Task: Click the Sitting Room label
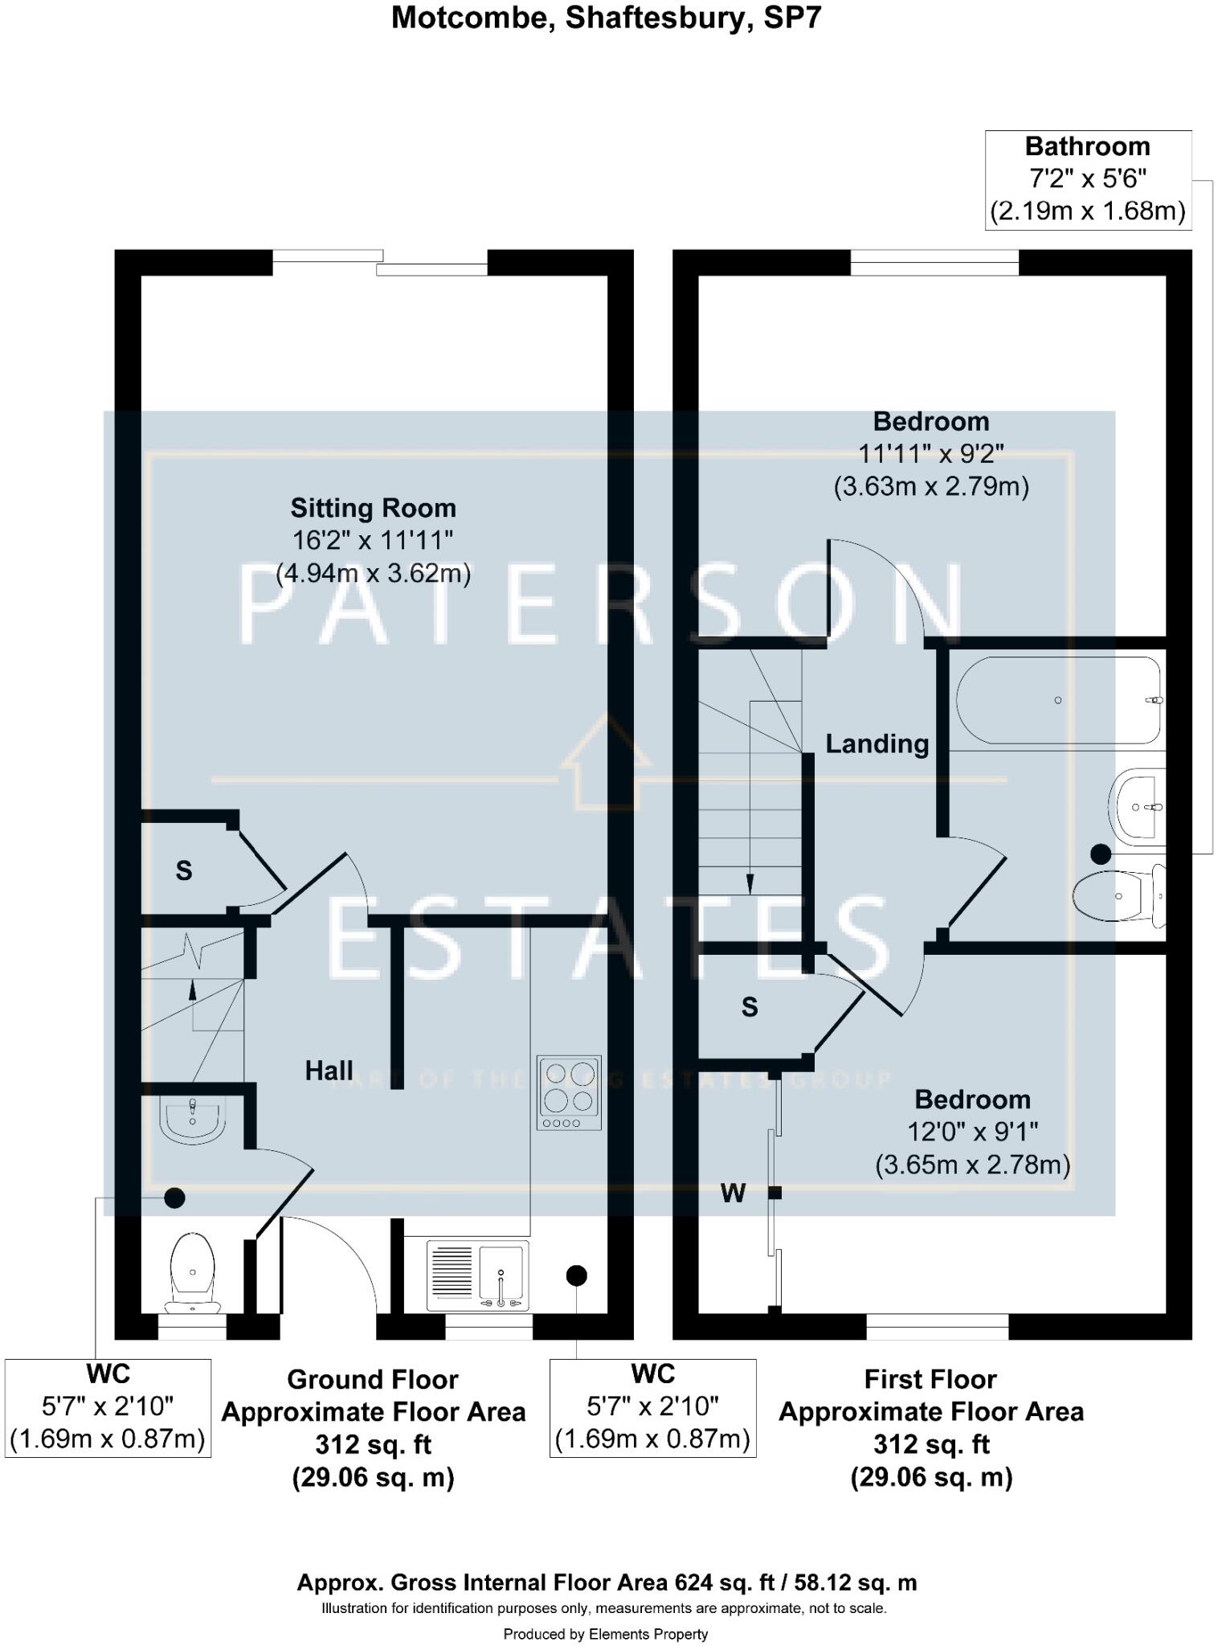point(373,508)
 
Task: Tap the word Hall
point(329,1070)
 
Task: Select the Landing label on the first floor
point(877,743)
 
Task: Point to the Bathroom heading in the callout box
point(1087,146)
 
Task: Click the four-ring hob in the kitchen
point(569,1092)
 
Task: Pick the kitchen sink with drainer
point(478,1275)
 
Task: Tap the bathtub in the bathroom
point(1057,700)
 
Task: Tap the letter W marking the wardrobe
point(733,1194)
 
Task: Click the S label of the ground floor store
point(184,870)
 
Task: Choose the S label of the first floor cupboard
point(750,1006)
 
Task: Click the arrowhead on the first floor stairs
point(750,884)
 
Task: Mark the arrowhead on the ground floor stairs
point(193,989)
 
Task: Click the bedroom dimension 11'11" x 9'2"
point(931,454)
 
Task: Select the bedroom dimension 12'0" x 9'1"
point(972,1132)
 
